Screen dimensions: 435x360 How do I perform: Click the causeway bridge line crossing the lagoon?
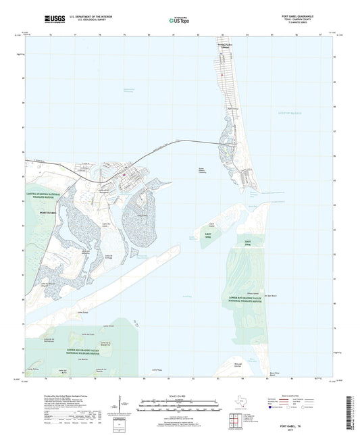182,145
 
